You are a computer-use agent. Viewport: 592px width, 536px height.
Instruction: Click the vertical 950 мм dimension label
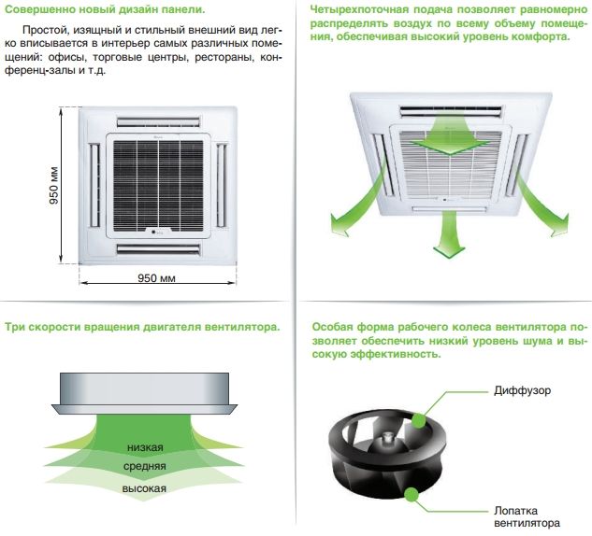(x=53, y=187)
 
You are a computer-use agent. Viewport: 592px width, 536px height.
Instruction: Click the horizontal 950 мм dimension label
(x=157, y=279)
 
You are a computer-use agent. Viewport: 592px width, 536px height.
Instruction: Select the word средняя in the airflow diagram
(x=145, y=466)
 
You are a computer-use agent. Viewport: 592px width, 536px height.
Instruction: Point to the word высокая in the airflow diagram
(x=145, y=488)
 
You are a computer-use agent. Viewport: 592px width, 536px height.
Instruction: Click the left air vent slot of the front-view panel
(x=94, y=184)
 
